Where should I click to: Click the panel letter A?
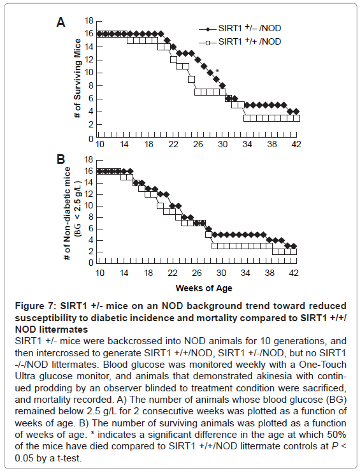coord(61,22)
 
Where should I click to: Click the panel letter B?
coord(61,159)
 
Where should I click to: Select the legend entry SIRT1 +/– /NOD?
coord(240,29)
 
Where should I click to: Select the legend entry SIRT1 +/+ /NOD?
coord(240,41)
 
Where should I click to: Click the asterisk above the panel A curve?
coord(217,71)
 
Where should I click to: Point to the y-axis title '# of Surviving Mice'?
coord(78,78)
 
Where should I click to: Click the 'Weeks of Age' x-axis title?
coord(204,288)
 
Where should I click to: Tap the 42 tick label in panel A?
coord(296,144)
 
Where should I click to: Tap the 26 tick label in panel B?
coord(197,273)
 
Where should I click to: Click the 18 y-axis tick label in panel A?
coord(89,21)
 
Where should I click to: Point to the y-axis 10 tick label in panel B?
coord(89,206)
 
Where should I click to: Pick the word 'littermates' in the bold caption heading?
coord(64,330)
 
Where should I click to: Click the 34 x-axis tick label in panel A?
coord(247,144)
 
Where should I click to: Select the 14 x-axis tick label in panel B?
coord(124,273)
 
